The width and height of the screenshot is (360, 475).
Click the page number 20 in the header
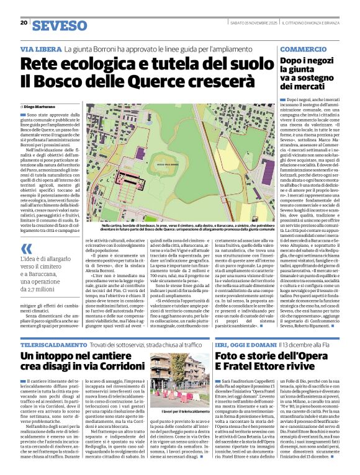tap(24, 23)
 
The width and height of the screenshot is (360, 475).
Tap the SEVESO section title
tap(60, 25)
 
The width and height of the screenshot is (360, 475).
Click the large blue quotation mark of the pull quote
tap(26, 249)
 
